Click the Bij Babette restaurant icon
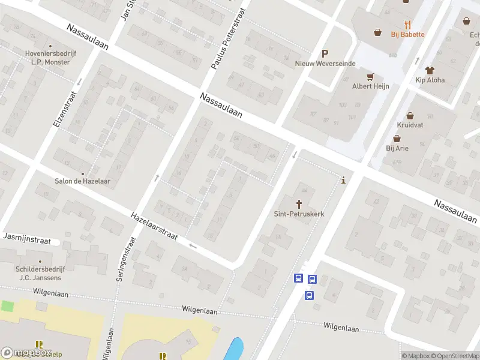coord(408,25)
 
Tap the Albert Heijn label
coord(371,86)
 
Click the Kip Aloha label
coord(430,80)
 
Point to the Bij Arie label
coord(397,148)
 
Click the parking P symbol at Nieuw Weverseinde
coord(325,53)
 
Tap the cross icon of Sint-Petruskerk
coord(299,204)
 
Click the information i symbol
coord(343,180)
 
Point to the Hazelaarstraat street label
coord(154,226)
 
